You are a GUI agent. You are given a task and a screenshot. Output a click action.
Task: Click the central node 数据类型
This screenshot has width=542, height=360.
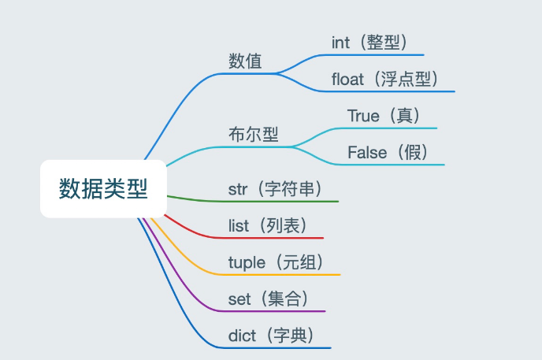point(103,188)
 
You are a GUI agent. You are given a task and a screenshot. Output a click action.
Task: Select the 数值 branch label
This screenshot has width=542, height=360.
point(245,61)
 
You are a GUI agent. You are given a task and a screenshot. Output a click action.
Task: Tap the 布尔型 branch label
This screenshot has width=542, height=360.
point(254,135)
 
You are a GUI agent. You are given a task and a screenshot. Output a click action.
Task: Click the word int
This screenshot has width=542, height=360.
point(340,43)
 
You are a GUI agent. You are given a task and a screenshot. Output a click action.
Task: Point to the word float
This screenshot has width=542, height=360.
point(347,79)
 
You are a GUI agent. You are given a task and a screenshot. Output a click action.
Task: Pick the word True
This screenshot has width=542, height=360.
point(363,116)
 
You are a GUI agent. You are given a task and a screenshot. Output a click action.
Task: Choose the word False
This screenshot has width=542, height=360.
point(367,152)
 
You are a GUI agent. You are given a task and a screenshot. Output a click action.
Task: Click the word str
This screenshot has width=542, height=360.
point(238,189)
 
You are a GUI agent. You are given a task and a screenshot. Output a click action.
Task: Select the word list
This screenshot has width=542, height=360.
point(239,225)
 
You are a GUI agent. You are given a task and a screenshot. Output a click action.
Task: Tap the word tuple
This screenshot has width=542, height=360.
point(247,263)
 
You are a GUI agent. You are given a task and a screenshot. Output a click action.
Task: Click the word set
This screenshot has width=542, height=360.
point(239,299)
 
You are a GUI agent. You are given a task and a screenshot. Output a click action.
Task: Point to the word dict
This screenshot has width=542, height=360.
point(242,336)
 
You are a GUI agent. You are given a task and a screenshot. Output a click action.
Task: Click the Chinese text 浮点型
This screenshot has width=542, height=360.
point(406,79)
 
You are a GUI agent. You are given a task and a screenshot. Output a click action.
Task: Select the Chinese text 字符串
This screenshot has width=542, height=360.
point(289,189)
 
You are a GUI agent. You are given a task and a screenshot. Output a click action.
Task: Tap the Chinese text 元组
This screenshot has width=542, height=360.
point(299,262)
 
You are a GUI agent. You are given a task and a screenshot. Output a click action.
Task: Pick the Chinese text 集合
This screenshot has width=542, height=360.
point(284,299)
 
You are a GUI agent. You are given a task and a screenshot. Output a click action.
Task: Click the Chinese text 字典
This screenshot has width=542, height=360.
point(290,336)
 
